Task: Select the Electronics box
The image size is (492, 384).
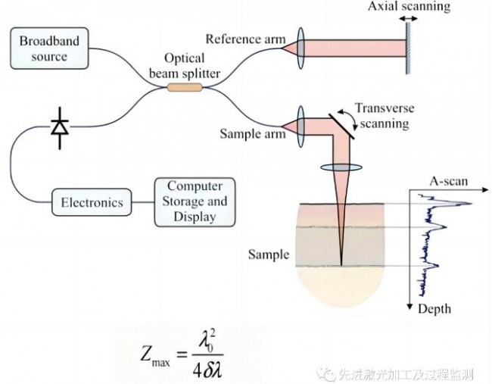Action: tap(90, 202)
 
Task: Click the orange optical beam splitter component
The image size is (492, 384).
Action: tap(185, 88)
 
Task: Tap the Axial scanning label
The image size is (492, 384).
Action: tap(409, 8)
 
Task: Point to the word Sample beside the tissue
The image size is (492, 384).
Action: tap(268, 254)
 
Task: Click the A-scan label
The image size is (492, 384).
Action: tap(447, 183)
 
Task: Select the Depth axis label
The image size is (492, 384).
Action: tap(434, 308)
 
